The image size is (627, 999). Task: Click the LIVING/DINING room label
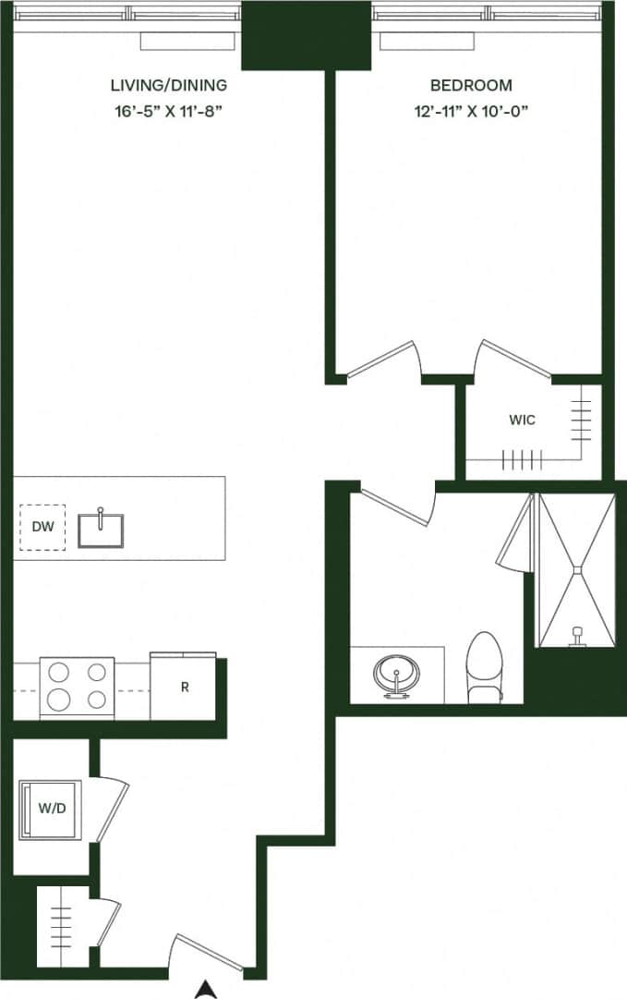click(168, 86)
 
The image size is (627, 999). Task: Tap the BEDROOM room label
click(471, 86)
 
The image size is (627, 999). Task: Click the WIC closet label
click(522, 420)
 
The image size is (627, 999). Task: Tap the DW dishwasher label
click(42, 527)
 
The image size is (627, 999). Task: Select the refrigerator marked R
click(185, 688)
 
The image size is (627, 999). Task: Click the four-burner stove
click(77, 688)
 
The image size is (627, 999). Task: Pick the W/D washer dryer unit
click(51, 810)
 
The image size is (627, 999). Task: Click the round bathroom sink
click(397, 672)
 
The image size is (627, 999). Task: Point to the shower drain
click(577, 572)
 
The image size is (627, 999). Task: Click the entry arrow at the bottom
click(206, 989)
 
